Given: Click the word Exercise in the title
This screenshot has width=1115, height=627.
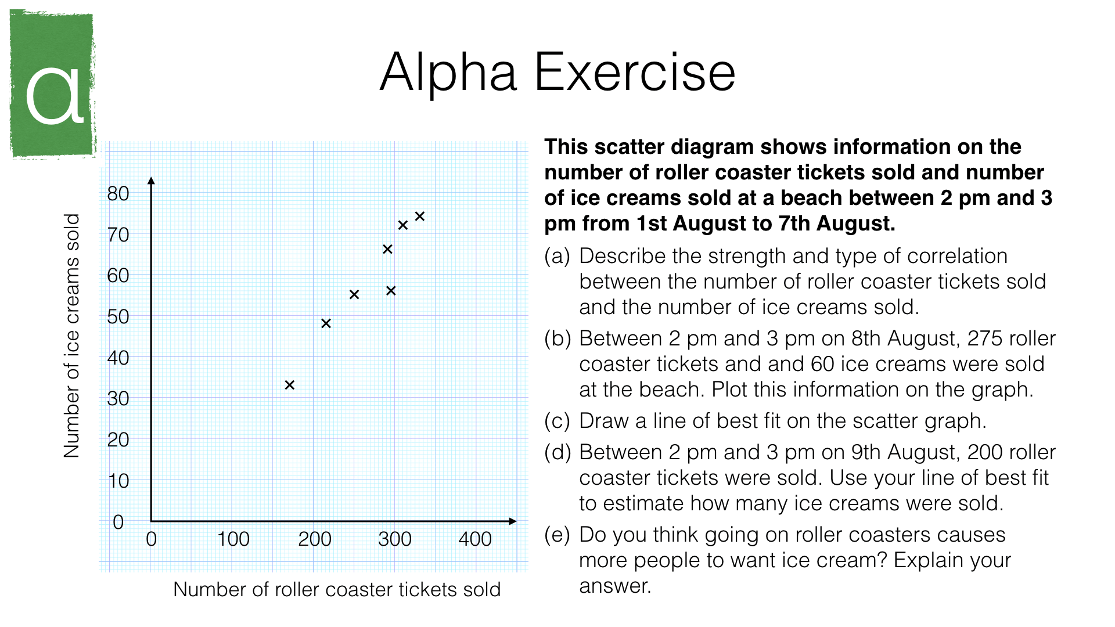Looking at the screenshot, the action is tap(635, 73).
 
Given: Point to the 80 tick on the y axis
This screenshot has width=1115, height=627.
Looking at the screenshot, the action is tap(118, 194).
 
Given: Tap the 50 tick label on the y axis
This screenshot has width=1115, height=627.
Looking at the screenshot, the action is tap(118, 317).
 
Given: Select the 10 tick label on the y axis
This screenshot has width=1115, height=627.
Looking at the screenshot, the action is tap(118, 481).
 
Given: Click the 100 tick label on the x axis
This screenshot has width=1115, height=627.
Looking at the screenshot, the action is tap(233, 539).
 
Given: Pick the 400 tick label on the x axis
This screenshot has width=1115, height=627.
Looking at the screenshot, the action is tap(475, 539).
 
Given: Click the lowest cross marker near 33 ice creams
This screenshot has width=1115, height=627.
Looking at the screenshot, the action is tap(290, 385).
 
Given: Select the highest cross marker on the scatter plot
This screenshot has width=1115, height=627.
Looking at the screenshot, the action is tap(420, 217).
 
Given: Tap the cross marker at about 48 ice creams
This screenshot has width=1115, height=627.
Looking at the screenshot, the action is tap(326, 323).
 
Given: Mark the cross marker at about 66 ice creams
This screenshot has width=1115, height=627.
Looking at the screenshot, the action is tap(387, 249).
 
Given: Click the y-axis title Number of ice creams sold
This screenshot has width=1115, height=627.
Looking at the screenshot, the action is tap(71, 336).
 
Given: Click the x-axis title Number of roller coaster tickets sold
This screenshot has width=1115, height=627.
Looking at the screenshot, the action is tap(337, 590).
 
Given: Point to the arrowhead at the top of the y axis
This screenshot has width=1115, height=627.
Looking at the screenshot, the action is tap(151, 181).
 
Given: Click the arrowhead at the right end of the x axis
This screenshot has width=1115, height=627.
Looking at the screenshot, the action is tap(512, 521).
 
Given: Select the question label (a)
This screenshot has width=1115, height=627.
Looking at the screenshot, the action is tap(557, 256).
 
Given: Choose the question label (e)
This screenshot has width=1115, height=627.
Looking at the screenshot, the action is tap(557, 535).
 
